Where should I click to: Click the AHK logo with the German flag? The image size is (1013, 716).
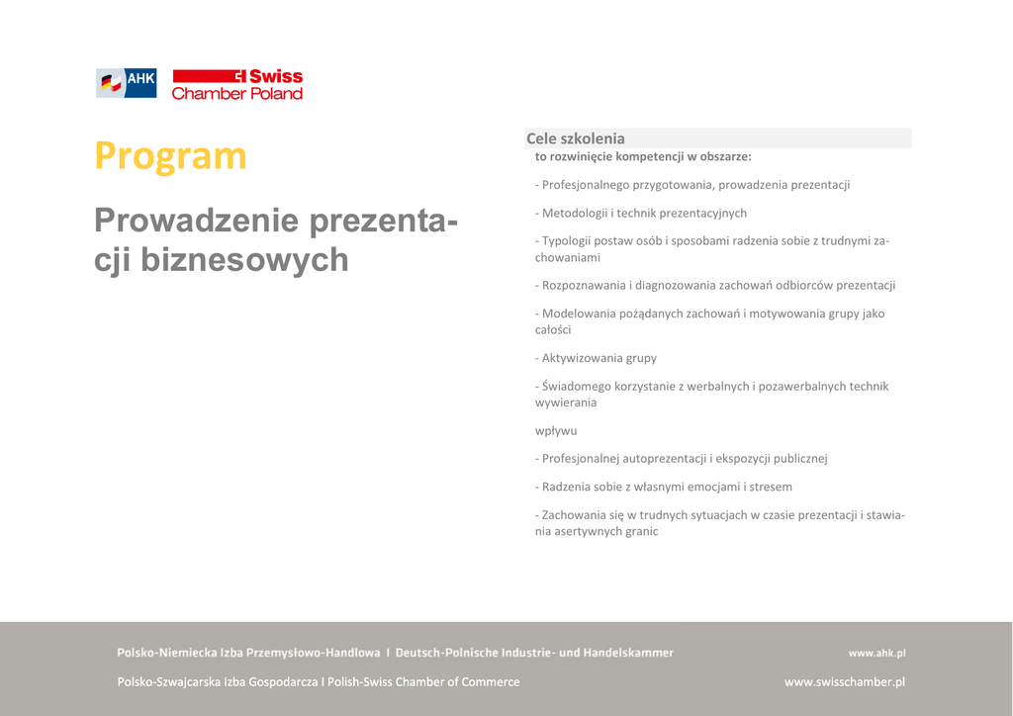pyautogui.click(x=126, y=83)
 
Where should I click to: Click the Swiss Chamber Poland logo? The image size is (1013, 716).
pyautogui.click(x=237, y=84)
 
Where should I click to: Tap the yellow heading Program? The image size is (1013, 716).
pyautogui.click(x=170, y=156)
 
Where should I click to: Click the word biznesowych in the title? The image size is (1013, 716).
pyautogui.click(x=244, y=259)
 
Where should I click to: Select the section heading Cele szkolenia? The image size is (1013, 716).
pyautogui.click(x=576, y=138)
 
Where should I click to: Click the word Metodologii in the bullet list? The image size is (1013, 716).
pyautogui.click(x=574, y=213)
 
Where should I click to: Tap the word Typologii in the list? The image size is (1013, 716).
pyautogui.click(x=568, y=240)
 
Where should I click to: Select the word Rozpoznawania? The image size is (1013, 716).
pyautogui.click(x=583, y=285)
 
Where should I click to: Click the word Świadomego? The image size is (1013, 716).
pyautogui.click(x=577, y=386)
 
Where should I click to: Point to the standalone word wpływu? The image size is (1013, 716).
pyautogui.click(x=556, y=431)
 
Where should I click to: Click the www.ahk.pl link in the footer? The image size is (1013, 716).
pyautogui.click(x=876, y=653)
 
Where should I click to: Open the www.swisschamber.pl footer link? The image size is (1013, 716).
pyautogui.click(x=844, y=681)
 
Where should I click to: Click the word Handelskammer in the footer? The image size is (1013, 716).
pyautogui.click(x=628, y=653)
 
